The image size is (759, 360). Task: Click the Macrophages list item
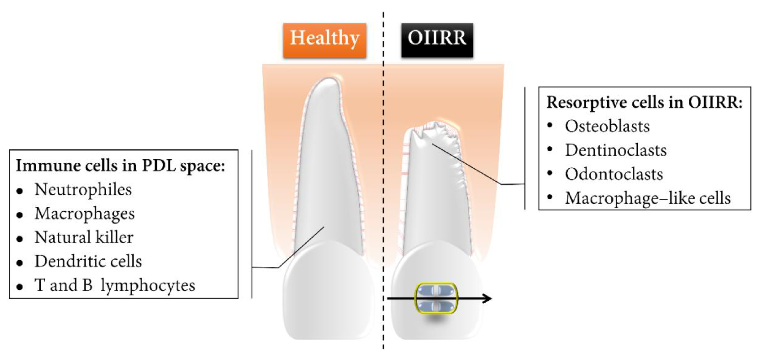[x=84, y=214]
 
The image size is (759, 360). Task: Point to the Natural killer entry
[x=84, y=238]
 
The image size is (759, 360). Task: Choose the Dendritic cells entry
[x=88, y=261]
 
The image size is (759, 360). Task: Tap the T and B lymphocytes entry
[x=115, y=285]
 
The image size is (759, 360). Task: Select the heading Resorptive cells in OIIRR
[x=644, y=102]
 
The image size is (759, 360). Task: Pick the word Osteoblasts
[x=607, y=126]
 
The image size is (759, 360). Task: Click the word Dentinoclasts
[x=616, y=150]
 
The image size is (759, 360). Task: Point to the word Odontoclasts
[x=614, y=174]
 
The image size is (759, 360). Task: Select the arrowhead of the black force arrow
[x=488, y=299]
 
